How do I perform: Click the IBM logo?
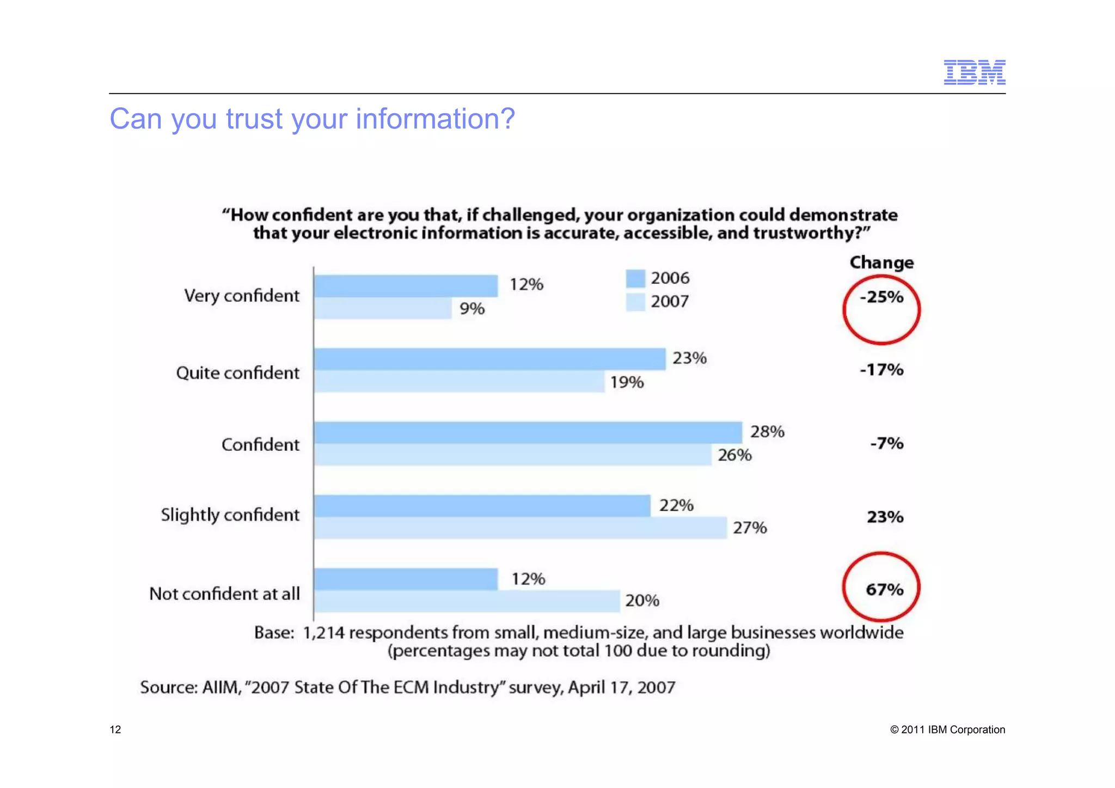pos(974,72)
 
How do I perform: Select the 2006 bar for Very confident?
pos(406,286)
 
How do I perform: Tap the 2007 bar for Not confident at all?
pos(467,601)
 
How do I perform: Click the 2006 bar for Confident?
pos(528,432)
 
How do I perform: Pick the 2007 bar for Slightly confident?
pos(520,528)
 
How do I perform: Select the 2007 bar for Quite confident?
pos(459,381)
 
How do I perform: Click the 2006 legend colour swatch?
pos(635,278)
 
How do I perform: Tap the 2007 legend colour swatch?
pos(635,302)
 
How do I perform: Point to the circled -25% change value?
pos(881,297)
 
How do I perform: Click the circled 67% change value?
pos(884,589)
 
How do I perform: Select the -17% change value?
pos(881,370)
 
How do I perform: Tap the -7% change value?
pos(886,443)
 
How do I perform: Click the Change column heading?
pos(881,262)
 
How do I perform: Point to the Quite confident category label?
pos(237,373)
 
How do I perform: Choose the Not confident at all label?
pos(224,594)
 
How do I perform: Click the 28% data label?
pos(767,432)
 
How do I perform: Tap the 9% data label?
pos(471,309)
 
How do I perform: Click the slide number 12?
pos(115,730)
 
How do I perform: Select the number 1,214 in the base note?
pos(323,633)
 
